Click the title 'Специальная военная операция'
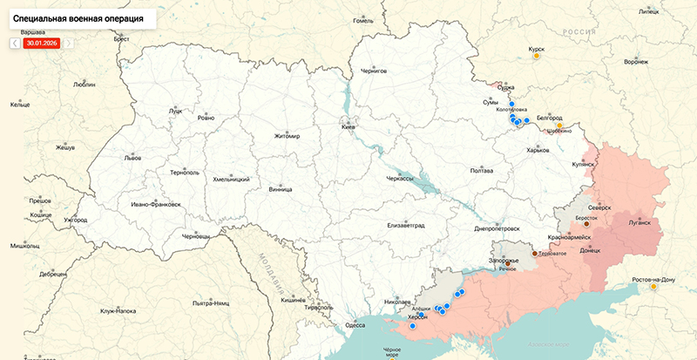pyautogui.click(x=78, y=17)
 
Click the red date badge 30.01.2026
pyautogui.click(x=42, y=42)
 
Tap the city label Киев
pyautogui.click(x=348, y=127)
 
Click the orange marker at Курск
pyautogui.click(x=536, y=60)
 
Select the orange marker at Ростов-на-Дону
pyautogui.click(x=653, y=286)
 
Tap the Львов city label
pyautogui.click(x=132, y=160)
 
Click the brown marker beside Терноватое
pyautogui.click(x=535, y=254)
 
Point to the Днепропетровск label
pyautogui.click(x=497, y=228)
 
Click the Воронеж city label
pyautogui.click(x=637, y=63)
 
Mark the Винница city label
pyautogui.click(x=281, y=188)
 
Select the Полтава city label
pyautogui.click(x=482, y=171)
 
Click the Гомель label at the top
pyautogui.click(x=363, y=19)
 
